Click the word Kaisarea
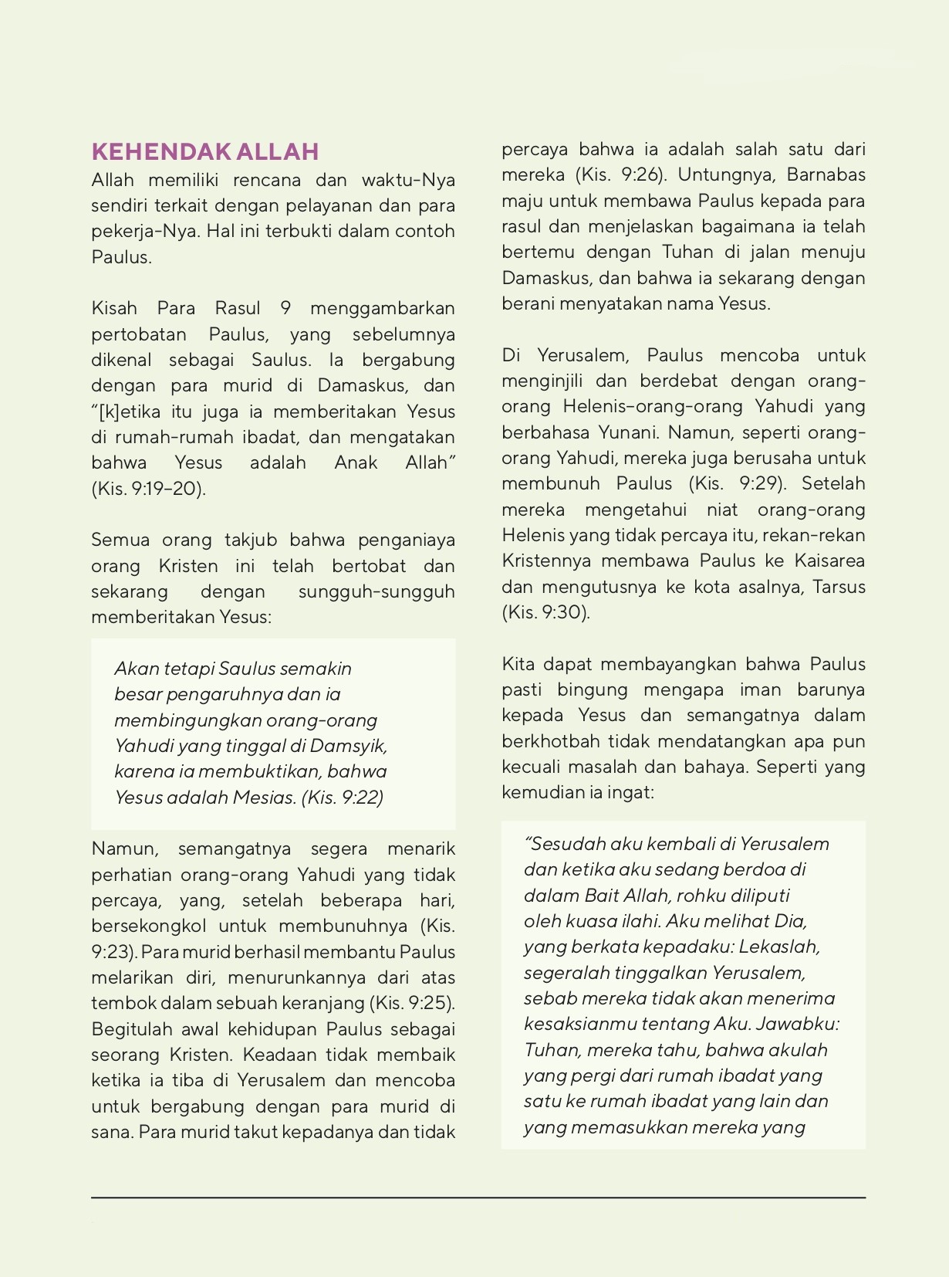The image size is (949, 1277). point(829,561)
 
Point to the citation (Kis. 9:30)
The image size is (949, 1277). point(545,613)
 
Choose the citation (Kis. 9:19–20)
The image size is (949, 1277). point(148,489)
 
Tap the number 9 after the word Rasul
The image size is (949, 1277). point(285,309)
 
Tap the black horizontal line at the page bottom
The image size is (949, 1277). point(478,1197)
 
